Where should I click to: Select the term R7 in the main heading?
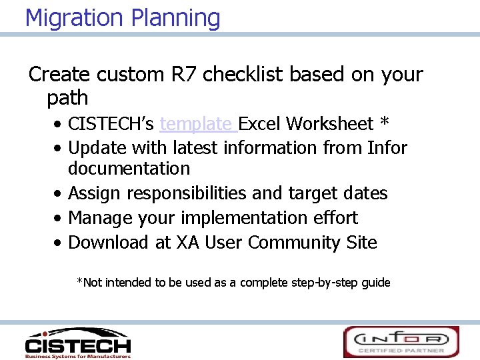[183, 75]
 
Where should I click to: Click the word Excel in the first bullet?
[261, 124]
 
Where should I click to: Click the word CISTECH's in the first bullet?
[111, 124]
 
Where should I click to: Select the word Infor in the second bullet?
[387, 147]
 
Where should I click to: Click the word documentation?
[129, 169]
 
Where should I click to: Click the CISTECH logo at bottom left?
[77, 343]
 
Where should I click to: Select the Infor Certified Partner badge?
[401, 342]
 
